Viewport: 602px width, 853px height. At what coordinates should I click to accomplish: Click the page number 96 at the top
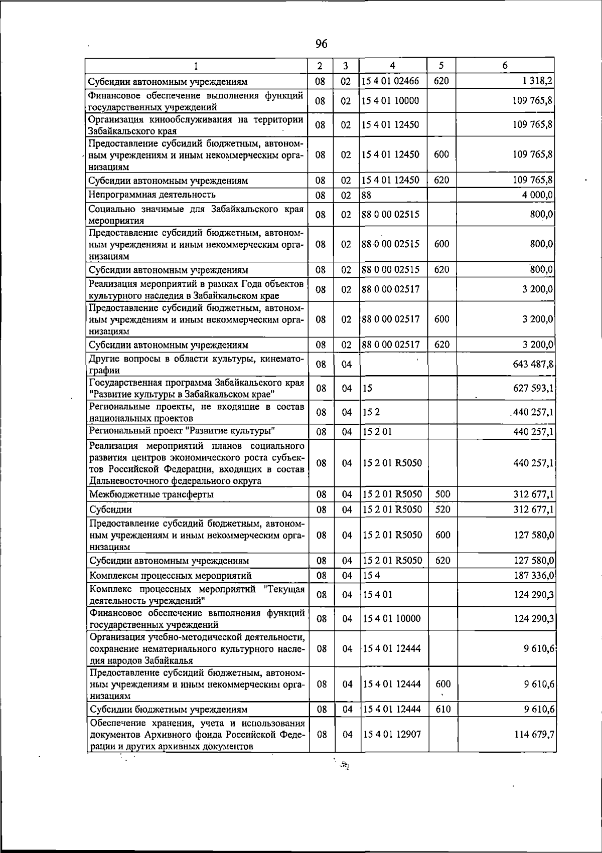322,44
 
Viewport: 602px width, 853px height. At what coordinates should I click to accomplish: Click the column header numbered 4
392,66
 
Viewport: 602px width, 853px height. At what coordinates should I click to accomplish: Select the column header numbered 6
505,66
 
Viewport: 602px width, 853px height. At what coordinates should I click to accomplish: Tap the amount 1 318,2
538,81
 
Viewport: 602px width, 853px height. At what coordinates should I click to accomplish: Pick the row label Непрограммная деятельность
152,194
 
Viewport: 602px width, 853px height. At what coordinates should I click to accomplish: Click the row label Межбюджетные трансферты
151,494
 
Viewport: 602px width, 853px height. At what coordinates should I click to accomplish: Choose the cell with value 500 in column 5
442,494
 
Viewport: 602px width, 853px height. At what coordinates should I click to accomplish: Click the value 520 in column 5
442,509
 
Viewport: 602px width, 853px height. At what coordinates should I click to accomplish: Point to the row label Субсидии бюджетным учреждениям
168,710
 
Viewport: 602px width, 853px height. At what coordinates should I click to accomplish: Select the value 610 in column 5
442,709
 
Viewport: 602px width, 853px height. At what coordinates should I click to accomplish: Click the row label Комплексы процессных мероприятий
170,576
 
